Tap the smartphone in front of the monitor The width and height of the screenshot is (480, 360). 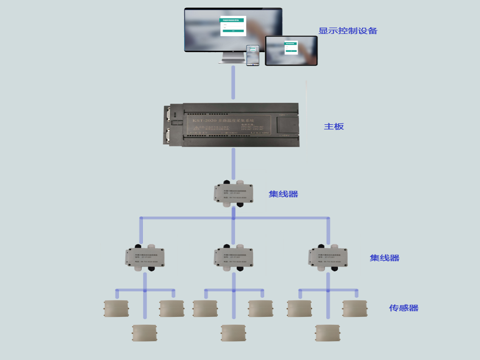[253, 55]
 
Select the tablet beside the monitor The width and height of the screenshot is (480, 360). [291, 51]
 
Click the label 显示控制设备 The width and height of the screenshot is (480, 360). [348, 31]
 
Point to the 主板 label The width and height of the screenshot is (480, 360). [334, 126]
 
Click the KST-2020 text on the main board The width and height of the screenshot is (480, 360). [202, 120]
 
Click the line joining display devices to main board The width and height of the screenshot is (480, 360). [233, 82]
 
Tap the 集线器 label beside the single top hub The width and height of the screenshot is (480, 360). [283, 194]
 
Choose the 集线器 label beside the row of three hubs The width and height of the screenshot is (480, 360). [384, 258]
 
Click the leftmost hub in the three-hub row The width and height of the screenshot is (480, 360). [145, 257]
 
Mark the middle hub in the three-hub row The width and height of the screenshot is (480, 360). [233, 257]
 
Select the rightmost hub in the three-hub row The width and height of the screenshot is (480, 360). [328, 257]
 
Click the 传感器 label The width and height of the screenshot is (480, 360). [404, 308]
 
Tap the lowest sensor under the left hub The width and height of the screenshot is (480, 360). [144, 332]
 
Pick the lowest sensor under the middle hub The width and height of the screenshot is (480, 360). [233, 332]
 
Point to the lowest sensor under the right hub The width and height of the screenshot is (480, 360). [328, 332]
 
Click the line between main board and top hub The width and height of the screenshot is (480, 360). [233, 165]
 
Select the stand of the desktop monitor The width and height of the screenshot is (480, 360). [233, 58]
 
